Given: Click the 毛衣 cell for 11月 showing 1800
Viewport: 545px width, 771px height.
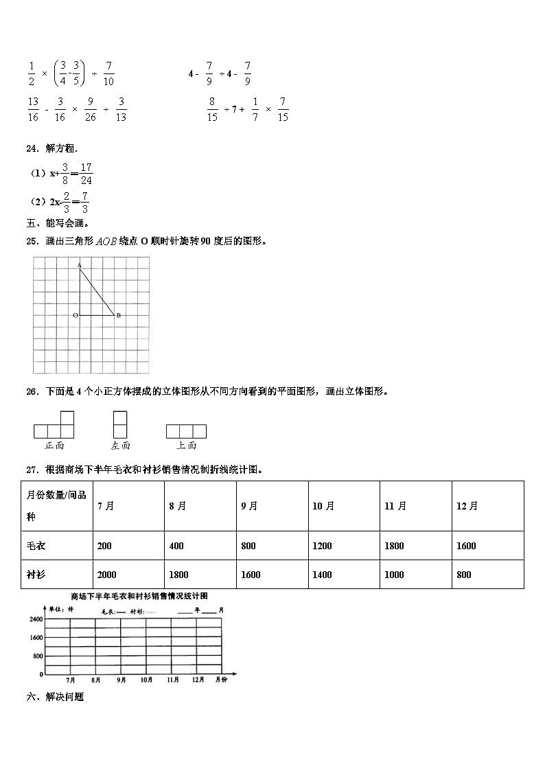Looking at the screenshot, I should point(394,546).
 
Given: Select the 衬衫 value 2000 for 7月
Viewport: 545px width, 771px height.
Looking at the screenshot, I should point(107,575).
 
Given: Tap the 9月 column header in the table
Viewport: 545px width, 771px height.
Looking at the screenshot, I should point(249,506).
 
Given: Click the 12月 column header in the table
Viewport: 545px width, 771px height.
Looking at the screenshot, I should point(467,506).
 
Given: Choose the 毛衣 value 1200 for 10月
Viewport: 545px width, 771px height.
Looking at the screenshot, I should point(322,546).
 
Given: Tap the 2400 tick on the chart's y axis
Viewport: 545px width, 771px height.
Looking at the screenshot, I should point(35,619).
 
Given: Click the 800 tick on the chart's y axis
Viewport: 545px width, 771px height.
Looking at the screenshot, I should point(37,656).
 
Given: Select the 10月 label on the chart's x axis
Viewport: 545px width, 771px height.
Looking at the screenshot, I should point(146,680).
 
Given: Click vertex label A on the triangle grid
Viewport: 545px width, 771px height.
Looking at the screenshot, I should point(80,265).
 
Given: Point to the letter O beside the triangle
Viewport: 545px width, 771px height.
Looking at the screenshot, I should point(75,315).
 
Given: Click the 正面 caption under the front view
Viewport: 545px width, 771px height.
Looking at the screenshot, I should point(54,446).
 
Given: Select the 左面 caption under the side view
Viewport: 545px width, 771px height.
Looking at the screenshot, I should point(120,446).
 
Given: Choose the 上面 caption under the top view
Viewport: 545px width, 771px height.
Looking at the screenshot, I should point(186,446).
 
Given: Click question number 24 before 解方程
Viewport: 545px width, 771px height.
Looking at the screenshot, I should point(32,148).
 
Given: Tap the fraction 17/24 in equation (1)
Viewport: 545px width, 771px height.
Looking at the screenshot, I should point(86,174).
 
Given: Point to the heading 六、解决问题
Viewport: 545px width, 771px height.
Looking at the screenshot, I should point(55,696).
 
